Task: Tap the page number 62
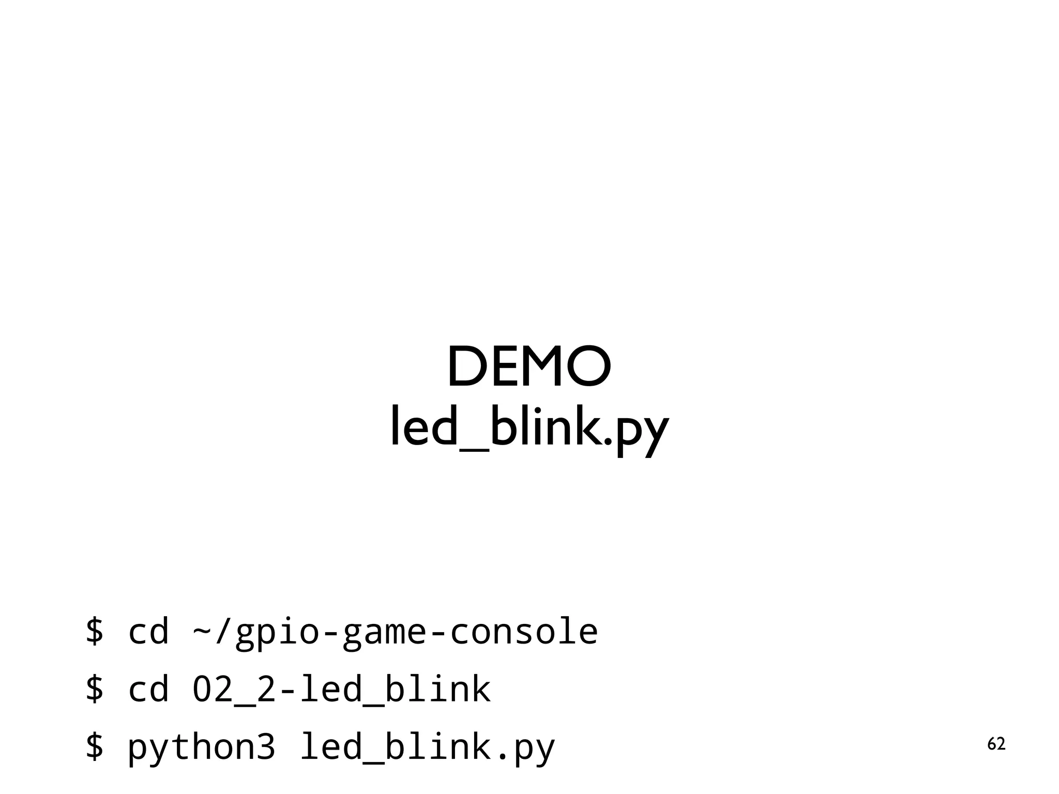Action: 996,744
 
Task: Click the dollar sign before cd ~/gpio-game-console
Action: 95,631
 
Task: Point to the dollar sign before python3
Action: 95,747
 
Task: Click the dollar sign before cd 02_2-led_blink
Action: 95,689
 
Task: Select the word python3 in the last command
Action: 201,748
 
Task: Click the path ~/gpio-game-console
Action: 395,632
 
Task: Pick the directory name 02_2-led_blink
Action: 341,690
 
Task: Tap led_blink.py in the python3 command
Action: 427,748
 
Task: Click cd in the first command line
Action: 148,632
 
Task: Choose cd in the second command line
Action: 148,690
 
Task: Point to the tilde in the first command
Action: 202,632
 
